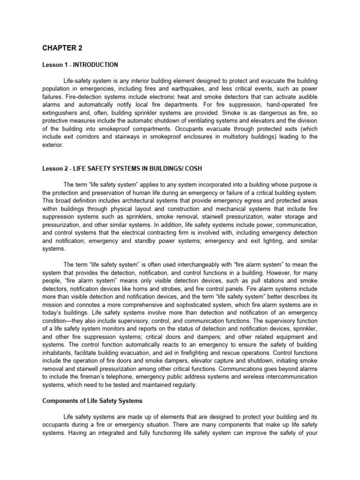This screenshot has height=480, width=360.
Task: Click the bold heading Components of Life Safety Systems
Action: (x=92, y=402)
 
